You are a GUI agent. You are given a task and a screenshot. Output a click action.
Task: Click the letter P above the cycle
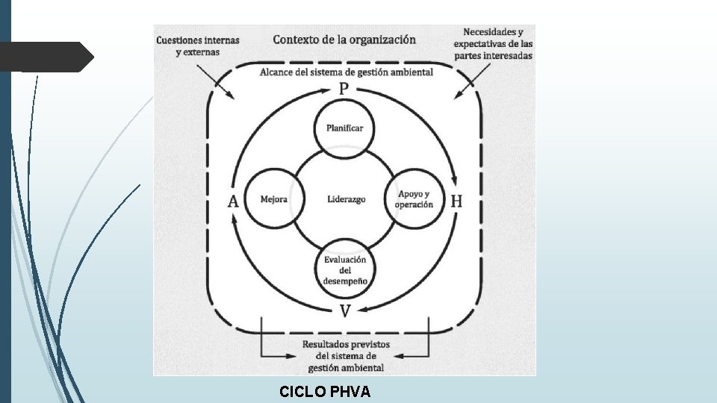coord(344,89)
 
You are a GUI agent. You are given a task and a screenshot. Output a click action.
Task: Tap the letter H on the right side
coord(456,201)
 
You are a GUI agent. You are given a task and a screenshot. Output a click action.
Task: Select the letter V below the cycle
coord(344,310)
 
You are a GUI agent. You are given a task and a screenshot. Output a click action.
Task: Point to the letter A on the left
coord(233,201)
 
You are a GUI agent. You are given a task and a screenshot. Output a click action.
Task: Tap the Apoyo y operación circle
coord(415,199)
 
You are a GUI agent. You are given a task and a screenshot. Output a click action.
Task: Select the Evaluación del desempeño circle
coord(344,270)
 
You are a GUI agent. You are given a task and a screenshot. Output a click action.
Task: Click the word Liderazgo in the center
coord(346,199)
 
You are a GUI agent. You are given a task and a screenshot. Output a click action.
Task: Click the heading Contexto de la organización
coord(344,40)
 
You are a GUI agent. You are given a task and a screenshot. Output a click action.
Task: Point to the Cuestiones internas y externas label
coord(197,46)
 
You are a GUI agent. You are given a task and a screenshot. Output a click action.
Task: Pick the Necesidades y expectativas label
coord(492,44)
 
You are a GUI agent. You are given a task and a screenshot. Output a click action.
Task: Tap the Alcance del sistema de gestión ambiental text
coord(346,72)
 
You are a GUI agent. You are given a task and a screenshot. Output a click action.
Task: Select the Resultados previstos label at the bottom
coord(344,356)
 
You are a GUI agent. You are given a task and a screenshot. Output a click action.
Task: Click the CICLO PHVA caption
coord(324,392)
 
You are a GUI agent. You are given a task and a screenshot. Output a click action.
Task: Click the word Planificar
coord(344,128)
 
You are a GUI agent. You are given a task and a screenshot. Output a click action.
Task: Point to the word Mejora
coord(273,199)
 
